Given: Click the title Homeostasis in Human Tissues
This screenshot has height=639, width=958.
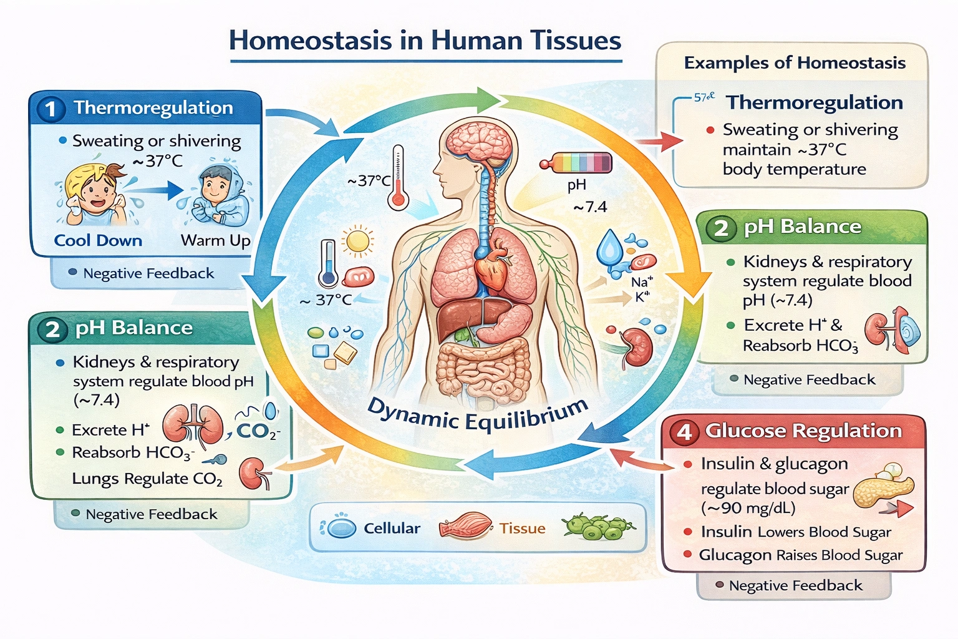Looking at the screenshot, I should pos(425,41).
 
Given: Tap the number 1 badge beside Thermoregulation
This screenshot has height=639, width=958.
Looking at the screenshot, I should pos(51,110).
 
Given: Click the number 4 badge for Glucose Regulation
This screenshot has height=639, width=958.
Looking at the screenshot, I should pos(684,432).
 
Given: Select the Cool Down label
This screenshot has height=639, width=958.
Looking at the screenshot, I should pos(98,241).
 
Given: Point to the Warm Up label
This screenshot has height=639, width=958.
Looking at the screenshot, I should pos(215,241).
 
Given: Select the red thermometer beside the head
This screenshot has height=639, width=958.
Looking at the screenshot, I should pos(397,178).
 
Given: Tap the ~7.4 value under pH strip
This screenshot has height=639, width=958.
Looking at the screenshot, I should pos(589,207).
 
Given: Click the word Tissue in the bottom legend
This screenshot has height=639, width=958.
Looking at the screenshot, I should pos(522,529).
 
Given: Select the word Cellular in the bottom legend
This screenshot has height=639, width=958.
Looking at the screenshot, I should pos(392,529).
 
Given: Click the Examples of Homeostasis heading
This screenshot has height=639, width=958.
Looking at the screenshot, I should pos(795,63).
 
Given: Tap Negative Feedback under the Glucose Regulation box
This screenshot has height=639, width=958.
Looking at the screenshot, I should pos(795,586).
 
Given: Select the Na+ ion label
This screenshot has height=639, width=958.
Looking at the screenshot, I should pos(641,282).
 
